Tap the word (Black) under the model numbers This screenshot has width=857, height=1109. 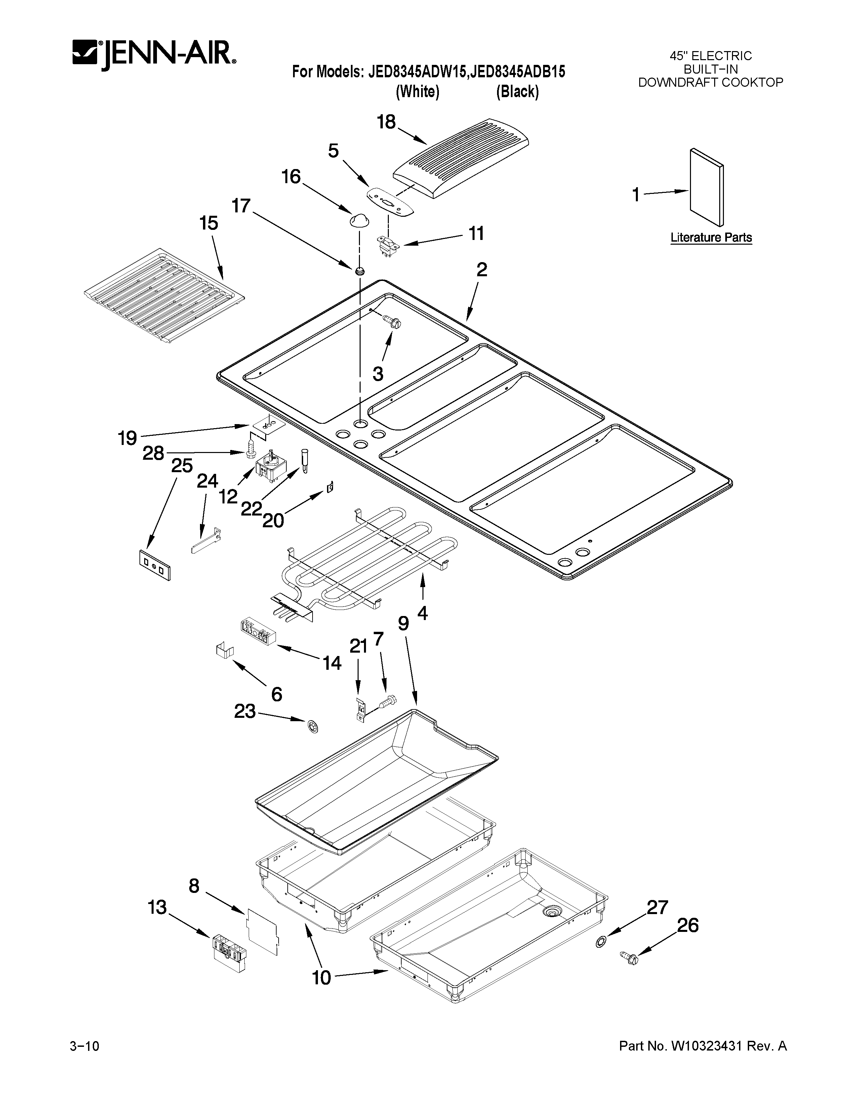[517, 92]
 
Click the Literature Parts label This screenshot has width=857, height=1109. [711, 238]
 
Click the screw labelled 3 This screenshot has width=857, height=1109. [393, 321]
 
